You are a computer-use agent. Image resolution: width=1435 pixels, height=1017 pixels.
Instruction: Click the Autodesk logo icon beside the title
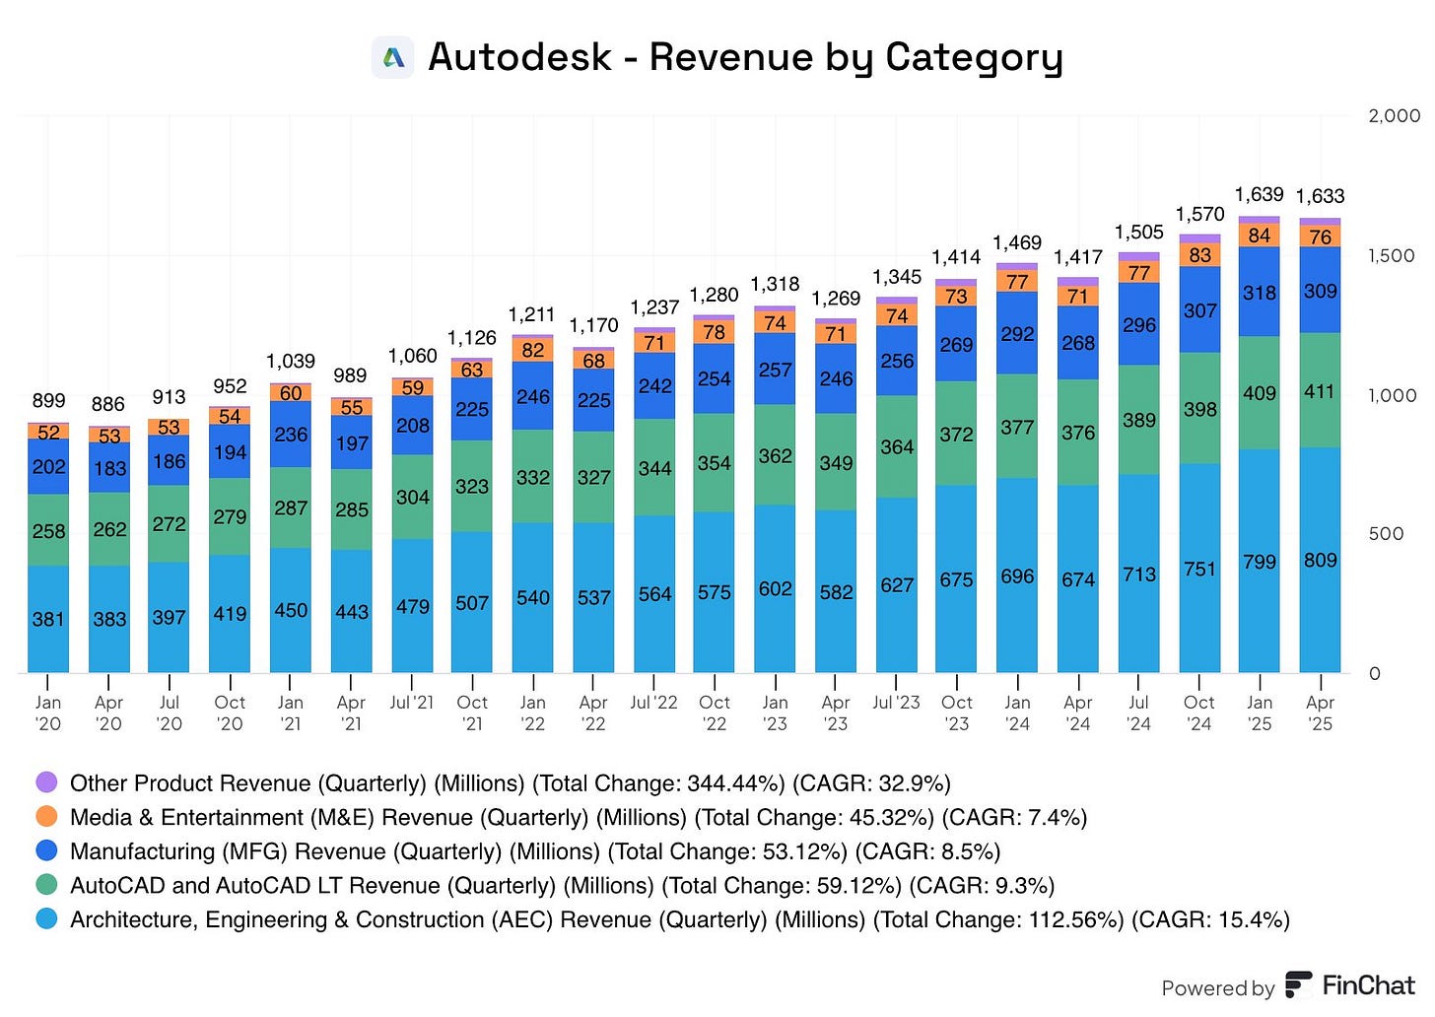pyautogui.click(x=393, y=57)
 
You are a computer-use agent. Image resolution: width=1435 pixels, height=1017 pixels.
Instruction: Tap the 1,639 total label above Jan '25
pyautogui.click(x=1259, y=194)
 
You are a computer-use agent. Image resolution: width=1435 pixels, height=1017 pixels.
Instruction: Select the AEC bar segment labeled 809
pyautogui.click(x=1320, y=560)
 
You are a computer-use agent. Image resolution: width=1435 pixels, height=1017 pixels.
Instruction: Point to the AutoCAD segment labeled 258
pyautogui.click(x=48, y=530)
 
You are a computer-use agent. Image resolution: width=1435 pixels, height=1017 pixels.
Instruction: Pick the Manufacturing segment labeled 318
pyautogui.click(x=1259, y=293)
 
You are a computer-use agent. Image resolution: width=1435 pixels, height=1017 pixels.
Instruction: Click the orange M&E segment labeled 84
pyautogui.click(x=1259, y=236)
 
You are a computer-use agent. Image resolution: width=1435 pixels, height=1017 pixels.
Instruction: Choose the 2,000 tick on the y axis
pyautogui.click(x=1394, y=115)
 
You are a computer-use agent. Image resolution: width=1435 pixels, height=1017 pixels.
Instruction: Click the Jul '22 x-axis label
pyautogui.click(x=653, y=703)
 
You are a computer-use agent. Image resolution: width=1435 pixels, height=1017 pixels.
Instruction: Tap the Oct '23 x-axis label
pyautogui.click(x=956, y=712)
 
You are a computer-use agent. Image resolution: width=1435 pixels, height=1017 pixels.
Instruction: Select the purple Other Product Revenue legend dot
pyautogui.click(x=46, y=783)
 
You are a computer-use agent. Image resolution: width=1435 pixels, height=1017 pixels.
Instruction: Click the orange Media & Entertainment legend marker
pyautogui.click(x=46, y=817)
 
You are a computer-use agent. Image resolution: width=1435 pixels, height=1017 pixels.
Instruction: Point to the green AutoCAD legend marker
pyautogui.click(x=46, y=885)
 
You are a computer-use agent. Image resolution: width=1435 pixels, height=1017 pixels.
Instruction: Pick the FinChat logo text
pyautogui.click(x=1368, y=984)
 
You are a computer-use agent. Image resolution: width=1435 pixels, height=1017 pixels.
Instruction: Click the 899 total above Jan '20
pyautogui.click(x=48, y=400)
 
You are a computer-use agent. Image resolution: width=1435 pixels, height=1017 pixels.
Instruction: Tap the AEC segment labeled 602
pyautogui.click(x=775, y=588)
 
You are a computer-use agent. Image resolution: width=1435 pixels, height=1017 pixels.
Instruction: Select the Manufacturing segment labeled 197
pyautogui.click(x=351, y=443)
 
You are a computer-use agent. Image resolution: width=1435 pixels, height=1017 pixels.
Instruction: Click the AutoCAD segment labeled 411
pyautogui.click(x=1320, y=391)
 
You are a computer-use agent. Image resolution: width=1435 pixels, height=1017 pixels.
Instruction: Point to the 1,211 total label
pyautogui.click(x=532, y=314)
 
